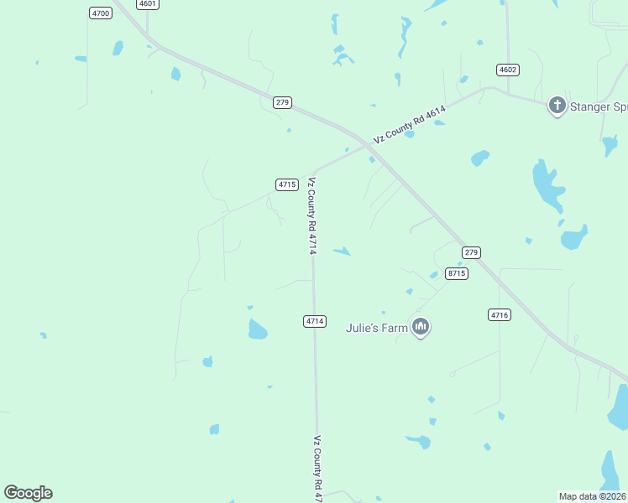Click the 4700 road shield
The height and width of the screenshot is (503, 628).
click(x=100, y=13)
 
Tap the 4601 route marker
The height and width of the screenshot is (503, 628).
click(x=148, y=4)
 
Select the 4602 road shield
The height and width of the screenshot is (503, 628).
click(x=507, y=70)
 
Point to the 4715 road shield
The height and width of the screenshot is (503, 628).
click(x=286, y=184)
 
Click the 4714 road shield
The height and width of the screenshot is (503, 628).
click(x=314, y=321)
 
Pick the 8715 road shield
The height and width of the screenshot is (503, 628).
click(x=457, y=273)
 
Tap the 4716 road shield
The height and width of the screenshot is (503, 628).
click(x=499, y=315)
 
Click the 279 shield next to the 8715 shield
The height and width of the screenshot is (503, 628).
click(x=471, y=252)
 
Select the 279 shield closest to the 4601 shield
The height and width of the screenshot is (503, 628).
click(x=282, y=102)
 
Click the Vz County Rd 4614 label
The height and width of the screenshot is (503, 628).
click(x=409, y=124)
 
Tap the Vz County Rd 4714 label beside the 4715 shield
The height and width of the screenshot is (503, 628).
click(x=311, y=215)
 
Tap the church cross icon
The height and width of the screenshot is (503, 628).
click(x=557, y=106)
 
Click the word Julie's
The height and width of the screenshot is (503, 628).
click(x=364, y=328)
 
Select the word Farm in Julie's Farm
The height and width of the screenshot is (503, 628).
click(x=395, y=328)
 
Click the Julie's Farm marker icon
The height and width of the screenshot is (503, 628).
click(x=421, y=326)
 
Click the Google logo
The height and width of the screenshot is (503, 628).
click(x=29, y=493)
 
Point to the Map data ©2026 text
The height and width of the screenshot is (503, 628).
click(x=593, y=495)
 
